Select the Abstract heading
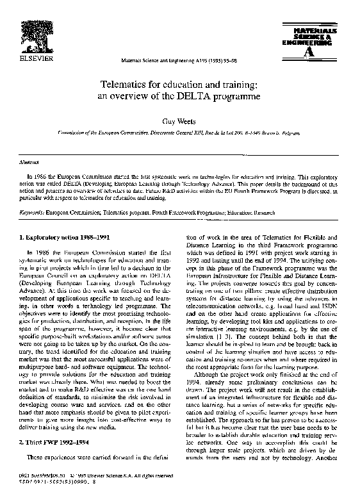point(26,163)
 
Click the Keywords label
point(31,210)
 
